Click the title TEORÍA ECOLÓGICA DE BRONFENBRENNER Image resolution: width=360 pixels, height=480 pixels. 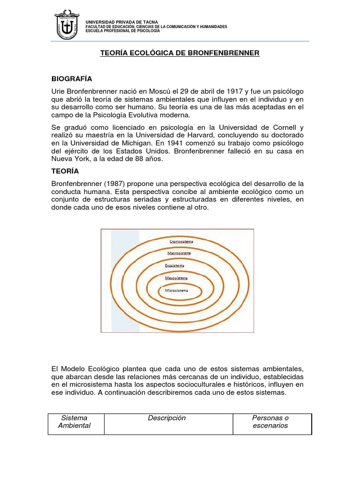pyautogui.click(x=180, y=53)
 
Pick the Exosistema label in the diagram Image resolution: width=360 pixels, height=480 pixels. pyautogui.click(x=174, y=266)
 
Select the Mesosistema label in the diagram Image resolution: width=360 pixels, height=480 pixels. pyautogui.click(x=176, y=278)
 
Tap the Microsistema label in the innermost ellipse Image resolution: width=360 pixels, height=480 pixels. pyautogui.click(x=176, y=291)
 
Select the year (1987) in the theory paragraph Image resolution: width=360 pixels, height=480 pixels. pyautogui.click(x=106, y=183)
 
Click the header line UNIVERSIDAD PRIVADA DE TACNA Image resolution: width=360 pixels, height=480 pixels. pyautogui.click(x=122, y=22)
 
